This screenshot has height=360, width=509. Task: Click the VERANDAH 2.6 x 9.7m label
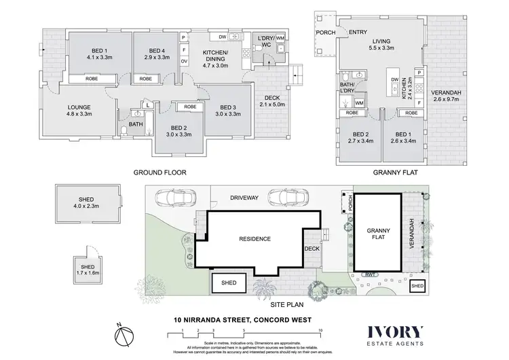pyautogui.click(x=446, y=96)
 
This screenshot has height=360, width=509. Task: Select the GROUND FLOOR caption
pyautogui.click(x=159, y=173)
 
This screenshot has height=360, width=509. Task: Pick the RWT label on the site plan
pyautogui.click(x=371, y=274)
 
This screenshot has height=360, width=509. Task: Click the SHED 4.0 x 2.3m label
pyautogui.click(x=88, y=202)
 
